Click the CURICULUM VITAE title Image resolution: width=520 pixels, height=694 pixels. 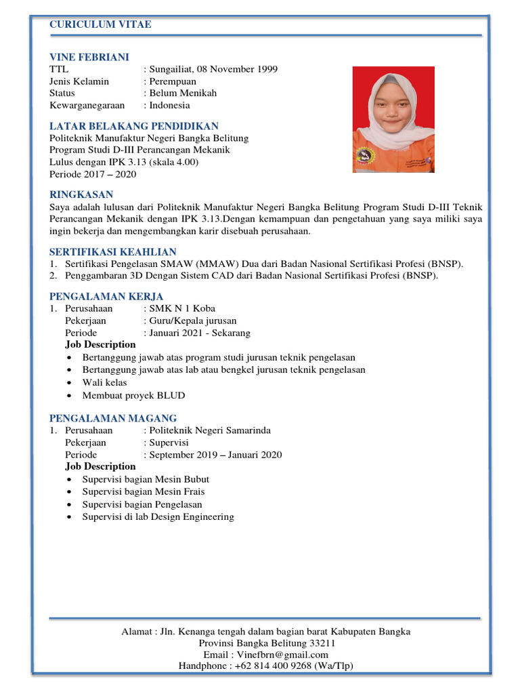tap(100, 25)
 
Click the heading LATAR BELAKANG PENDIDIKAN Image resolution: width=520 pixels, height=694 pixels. tap(134, 126)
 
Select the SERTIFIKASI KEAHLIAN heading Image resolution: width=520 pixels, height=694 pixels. tap(112, 251)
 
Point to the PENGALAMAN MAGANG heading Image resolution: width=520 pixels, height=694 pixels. tap(113, 418)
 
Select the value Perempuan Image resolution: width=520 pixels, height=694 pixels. tap(173, 81)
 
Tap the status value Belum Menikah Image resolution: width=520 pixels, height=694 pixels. tap(183, 93)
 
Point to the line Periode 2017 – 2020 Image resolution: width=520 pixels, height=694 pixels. tap(93, 174)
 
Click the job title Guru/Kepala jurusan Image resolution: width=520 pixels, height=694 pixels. tap(193, 321)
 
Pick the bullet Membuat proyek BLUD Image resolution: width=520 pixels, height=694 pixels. tap(133, 395)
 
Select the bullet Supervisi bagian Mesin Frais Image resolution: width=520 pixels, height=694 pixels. tap(143, 491)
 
